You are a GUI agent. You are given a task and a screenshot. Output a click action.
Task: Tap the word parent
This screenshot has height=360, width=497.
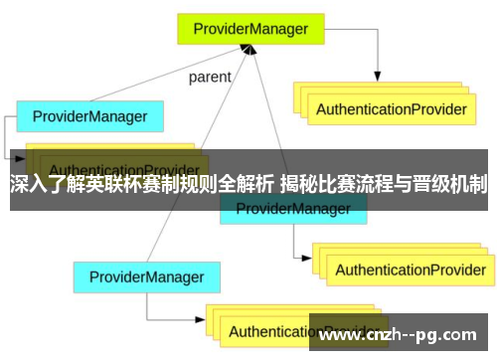[210, 77]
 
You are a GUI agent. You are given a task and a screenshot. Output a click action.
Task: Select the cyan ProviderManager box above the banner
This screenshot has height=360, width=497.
[89, 117]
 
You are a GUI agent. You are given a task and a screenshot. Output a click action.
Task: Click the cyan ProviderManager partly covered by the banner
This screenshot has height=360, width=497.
[291, 209]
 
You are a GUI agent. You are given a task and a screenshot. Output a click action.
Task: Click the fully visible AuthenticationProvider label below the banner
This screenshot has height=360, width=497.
[410, 242]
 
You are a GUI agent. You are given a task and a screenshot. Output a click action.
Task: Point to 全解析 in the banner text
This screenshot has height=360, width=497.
[245, 184]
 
